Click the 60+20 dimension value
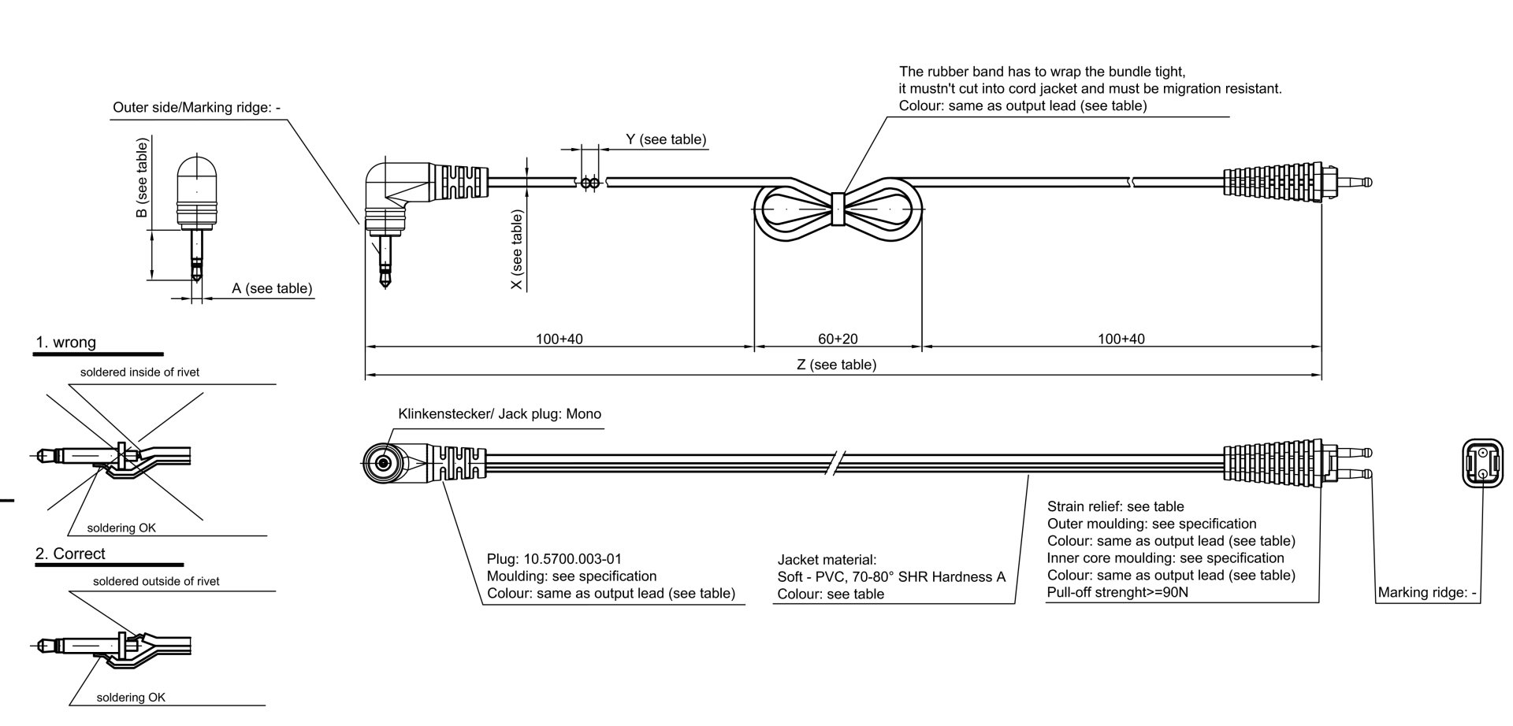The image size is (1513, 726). pos(838,339)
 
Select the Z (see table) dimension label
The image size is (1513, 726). pos(836,365)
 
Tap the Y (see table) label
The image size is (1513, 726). pos(666,139)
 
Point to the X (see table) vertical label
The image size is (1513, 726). pos(517,250)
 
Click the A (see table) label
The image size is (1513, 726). pos(272,289)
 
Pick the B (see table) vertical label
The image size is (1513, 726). pos(142,179)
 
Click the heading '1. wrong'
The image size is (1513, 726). pos(66,343)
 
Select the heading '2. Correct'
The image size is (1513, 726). pos(70,554)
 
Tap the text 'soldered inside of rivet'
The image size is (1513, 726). pos(139,372)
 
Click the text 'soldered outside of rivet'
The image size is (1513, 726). pos(156,582)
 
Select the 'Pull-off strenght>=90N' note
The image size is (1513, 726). pos(1117,592)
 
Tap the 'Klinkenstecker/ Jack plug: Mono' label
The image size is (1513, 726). pos(500,414)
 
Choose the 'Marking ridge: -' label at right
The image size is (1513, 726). pos(1427,593)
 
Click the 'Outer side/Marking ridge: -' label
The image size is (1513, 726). pos(192,107)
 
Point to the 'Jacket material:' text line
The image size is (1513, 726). pos(827,560)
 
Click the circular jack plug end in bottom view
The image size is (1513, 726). pos(383,463)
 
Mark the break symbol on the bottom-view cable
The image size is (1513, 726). pos(837,463)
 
